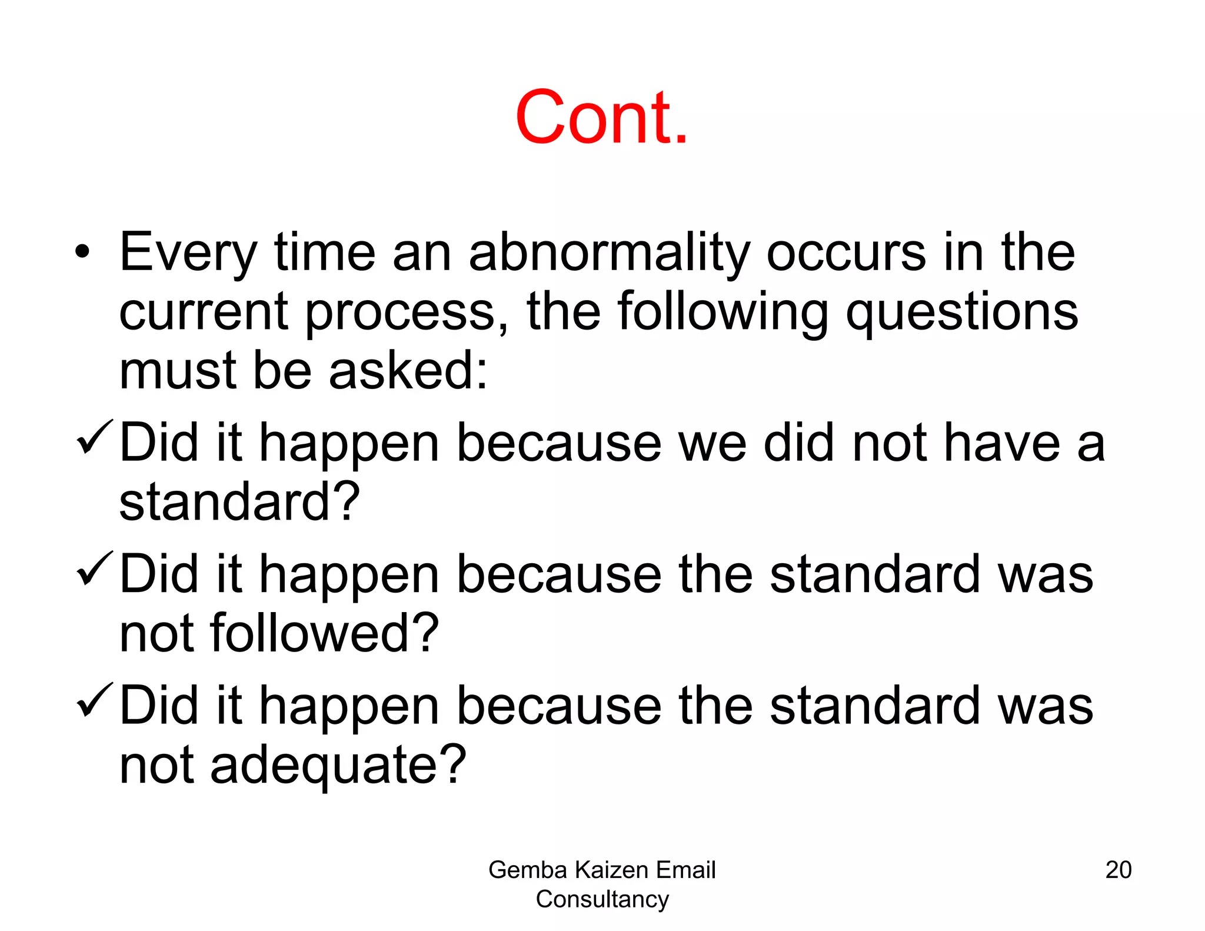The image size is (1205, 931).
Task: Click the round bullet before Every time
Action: click(83, 252)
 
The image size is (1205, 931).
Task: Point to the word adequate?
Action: click(338, 765)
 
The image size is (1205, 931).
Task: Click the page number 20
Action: click(1118, 870)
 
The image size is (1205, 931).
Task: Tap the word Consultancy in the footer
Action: click(602, 899)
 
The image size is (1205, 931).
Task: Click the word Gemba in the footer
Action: click(527, 870)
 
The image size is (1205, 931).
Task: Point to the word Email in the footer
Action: click(686, 870)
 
